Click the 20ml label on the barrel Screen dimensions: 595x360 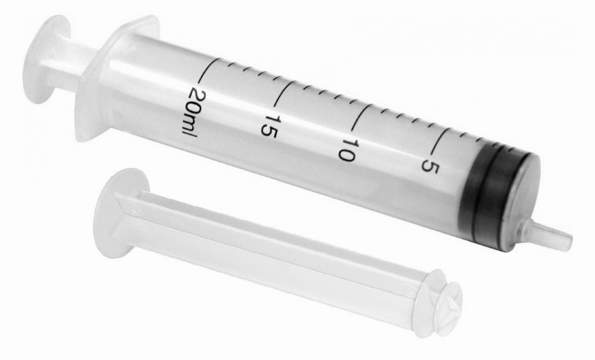coord(190,112)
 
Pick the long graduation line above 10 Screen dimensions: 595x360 coord(362,118)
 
